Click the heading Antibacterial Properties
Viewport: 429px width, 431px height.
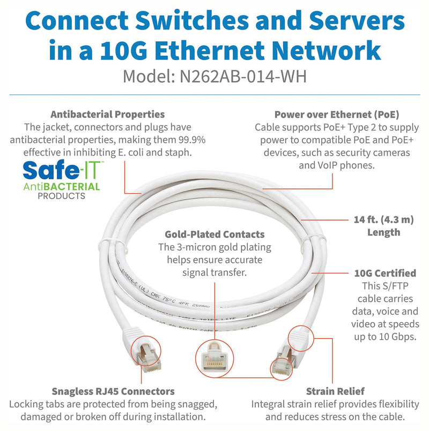(x=107, y=114)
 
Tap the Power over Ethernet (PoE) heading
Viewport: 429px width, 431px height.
(x=336, y=114)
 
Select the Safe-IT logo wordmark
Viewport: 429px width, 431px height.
(x=60, y=171)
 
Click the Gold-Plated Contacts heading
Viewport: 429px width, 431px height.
(x=214, y=235)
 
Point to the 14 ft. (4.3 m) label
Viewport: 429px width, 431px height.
(x=383, y=220)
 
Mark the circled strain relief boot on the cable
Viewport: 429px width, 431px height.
(x=301, y=337)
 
